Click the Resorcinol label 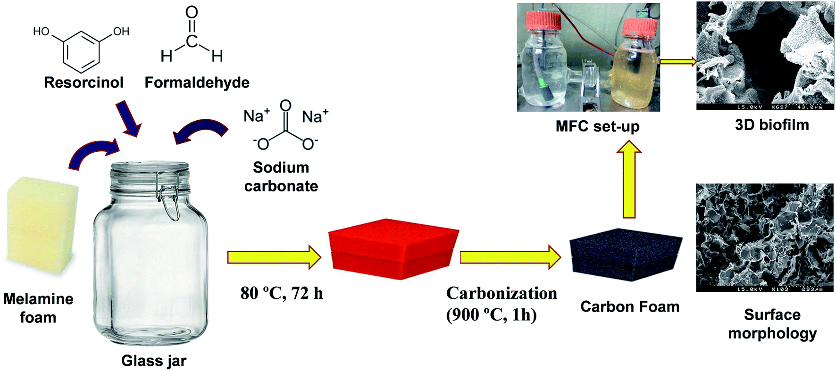point(84,82)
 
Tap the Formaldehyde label point(197,82)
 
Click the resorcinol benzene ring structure point(82,49)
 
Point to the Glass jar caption point(154,361)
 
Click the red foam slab point(393,248)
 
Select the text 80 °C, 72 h point(282,293)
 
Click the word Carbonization point(502,293)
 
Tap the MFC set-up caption point(597,126)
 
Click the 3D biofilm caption point(772,124)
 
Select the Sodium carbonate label point(281,177)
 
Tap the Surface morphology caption point(772,324)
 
